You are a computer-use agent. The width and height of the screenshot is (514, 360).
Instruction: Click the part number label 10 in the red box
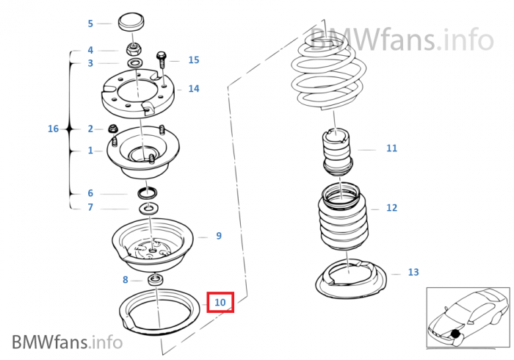point(220,302)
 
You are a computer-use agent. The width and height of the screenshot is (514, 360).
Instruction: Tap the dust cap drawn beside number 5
point(131,22)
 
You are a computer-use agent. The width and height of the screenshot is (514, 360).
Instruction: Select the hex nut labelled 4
point(134,50)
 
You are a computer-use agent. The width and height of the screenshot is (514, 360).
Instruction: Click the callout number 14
point(194,88)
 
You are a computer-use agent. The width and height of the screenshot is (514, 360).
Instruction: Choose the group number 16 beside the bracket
point(53,129)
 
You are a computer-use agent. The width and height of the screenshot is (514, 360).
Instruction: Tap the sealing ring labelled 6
point(147,192)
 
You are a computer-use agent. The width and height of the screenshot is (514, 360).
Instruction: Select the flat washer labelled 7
point(149,208)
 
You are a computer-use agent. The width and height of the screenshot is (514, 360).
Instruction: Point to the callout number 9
point(219,236)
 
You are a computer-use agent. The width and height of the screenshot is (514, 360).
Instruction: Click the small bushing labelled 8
point(156,280)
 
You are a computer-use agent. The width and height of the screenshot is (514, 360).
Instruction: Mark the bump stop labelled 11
point(337,151)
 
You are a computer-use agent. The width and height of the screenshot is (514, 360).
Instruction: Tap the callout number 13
point(413,272)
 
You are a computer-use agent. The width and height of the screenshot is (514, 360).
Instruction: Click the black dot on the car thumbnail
point(455,334)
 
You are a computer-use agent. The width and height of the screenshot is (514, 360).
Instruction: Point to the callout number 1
point(90,151)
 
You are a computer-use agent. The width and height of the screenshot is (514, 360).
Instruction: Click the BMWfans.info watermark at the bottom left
point(68,342)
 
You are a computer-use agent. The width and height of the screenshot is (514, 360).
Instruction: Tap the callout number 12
point(391,208)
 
